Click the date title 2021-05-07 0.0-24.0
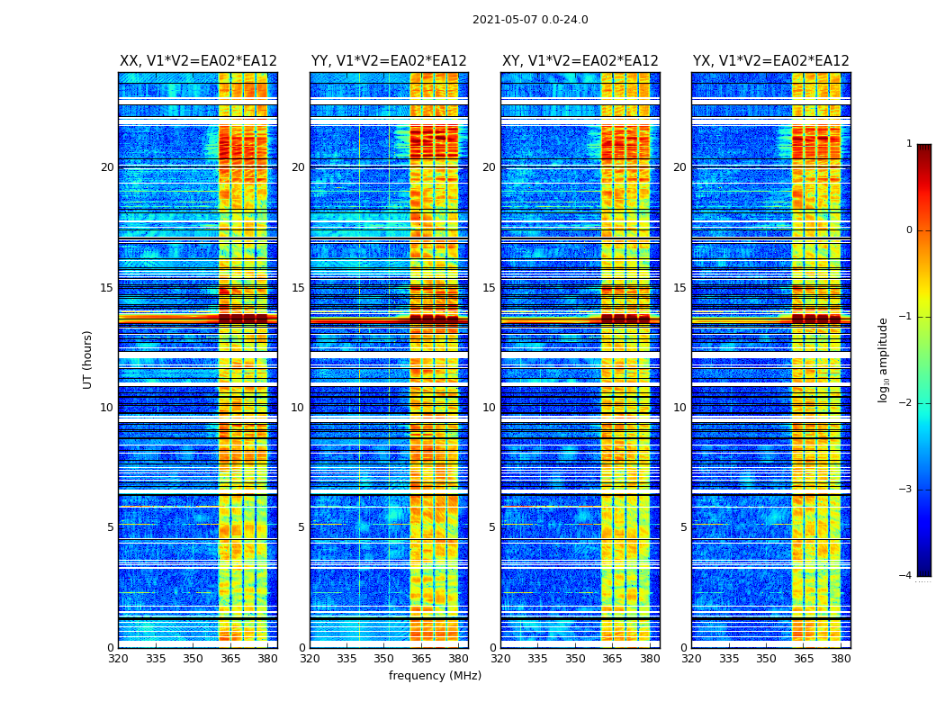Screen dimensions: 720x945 coord(530,20)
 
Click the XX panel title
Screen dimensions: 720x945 coord(198,61)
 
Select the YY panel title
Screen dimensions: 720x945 coord(389,61)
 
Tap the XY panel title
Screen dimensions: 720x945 coord(580,61)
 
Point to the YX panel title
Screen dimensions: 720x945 coord(770,61)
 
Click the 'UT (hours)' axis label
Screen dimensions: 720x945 coord(88,359)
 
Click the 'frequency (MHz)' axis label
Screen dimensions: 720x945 coord(435,676)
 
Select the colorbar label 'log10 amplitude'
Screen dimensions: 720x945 coord(884,359)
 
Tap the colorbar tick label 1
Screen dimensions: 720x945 coord(909,144)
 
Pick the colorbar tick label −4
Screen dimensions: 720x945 coord(906,576)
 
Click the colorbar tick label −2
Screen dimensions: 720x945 coord(906,403)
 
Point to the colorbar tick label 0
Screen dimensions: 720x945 coord(909,230)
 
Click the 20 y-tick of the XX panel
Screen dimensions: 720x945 coord(107,167)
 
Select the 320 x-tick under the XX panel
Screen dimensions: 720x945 coord(119,659)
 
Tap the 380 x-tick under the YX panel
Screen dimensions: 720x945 coord(841,659)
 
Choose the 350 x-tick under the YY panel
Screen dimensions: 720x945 coord(384,659)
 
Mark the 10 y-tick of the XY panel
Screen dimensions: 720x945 coord(489,408)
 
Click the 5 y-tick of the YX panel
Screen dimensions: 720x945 coord(683,527)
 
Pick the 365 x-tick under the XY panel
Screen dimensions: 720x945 coord(612,659)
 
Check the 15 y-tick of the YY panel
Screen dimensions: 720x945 coord(298,288)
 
